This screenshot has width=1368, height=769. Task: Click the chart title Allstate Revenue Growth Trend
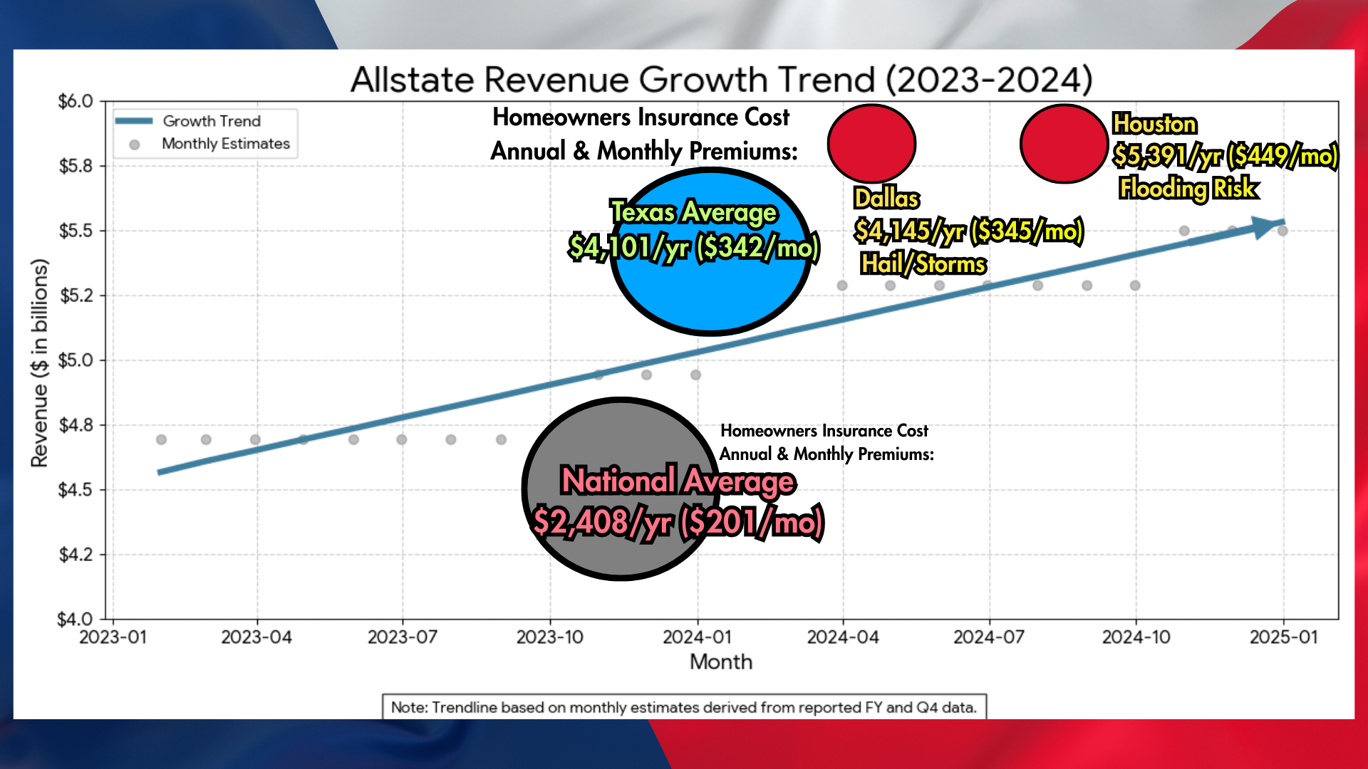pyautogui.click(x=721, y=79)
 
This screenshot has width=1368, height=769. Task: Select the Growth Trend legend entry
pyautogui.click(x=211, y=121)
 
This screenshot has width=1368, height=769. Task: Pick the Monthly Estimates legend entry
pyautogui.click(x=225, y=144)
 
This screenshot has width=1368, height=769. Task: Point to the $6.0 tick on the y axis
pyautogui.click(x=76, y=101)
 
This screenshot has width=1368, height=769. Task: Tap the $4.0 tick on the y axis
pyautogui.click(x=76, y=619)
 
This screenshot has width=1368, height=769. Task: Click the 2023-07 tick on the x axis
pyautogui.click(x=403, y=637)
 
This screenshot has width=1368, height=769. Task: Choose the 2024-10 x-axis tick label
pyautogui.click(x=1136, y=637)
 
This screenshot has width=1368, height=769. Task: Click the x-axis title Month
pyautogui.click(x=721, y=661)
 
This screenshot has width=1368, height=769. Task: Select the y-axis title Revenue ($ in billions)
pyautogui.click(x=40, y=363)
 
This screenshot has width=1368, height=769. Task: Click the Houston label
pyautogui.click(x=1154, y=124)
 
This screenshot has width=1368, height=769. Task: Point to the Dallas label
pyautogui.click(x=886, y=198)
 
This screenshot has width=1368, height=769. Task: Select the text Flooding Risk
pyautogui.click(x=1188, y=188)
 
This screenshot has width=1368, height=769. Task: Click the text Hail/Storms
pyautogui.click(x=923, y=264)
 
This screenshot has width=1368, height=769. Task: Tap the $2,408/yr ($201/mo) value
pyautogui.click(x=678, y=523)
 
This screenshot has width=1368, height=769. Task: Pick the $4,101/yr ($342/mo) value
pyautogui.click(x=694, y=247)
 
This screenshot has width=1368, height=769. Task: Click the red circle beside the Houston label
pyautogui.click(x=1063, y=144)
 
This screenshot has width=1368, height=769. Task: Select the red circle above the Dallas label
pyautogui.click(x=871, y=144)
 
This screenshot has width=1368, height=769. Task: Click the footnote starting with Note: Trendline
pyautogui.click(x=684, y=707)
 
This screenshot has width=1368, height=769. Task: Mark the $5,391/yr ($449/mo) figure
pyautogui.click(x=1225, y=155)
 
